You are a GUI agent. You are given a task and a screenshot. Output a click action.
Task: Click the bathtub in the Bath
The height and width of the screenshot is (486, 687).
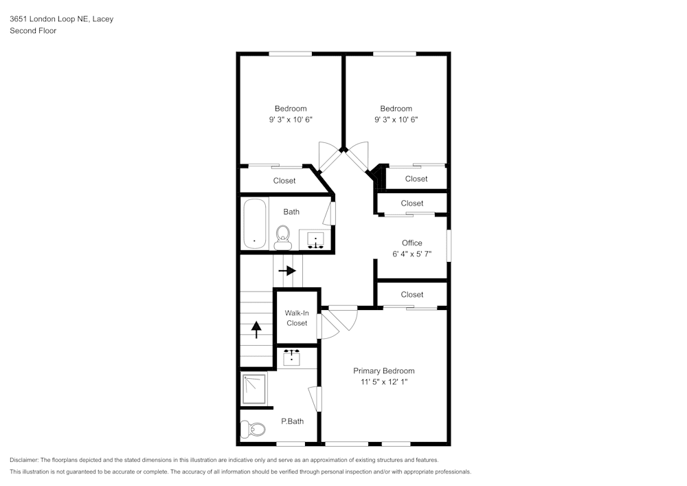click(254, 223)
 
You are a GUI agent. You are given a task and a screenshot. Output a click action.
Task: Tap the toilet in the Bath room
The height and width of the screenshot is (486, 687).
click(282, 237)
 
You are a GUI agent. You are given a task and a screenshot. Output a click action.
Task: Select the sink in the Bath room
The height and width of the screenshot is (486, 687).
click(315, 240)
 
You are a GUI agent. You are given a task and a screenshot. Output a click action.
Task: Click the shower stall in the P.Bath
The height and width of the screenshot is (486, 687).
click(254, 388)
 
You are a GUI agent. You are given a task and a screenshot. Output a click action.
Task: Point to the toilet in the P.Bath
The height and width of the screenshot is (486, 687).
click(254, 430)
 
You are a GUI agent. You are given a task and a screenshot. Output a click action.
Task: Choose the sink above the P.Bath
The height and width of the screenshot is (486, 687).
click(293, 357)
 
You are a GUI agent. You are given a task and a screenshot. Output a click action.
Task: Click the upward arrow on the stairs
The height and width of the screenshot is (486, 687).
click(256, 330)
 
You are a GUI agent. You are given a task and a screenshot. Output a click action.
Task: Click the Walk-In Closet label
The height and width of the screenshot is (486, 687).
click(297, 318)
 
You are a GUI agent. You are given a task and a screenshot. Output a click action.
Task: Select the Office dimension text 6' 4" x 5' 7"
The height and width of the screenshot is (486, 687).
click(412, 254)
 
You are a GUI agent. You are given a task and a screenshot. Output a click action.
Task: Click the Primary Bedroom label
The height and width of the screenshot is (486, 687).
click(383, 371)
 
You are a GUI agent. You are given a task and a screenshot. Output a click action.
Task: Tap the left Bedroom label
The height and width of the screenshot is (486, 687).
click(291, 109)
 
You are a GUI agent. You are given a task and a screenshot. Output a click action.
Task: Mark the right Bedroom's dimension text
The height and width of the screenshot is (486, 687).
click(396, 120)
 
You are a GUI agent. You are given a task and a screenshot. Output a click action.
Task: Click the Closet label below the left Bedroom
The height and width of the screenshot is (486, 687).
click(284, 181)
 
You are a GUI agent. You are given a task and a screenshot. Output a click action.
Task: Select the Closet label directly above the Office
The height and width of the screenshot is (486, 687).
click(412, 203)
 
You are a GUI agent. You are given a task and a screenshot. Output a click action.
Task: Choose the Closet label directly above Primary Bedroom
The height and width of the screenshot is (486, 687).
click(412, 295)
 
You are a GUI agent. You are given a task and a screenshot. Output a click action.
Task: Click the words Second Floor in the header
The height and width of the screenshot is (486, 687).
click(33, 31)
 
